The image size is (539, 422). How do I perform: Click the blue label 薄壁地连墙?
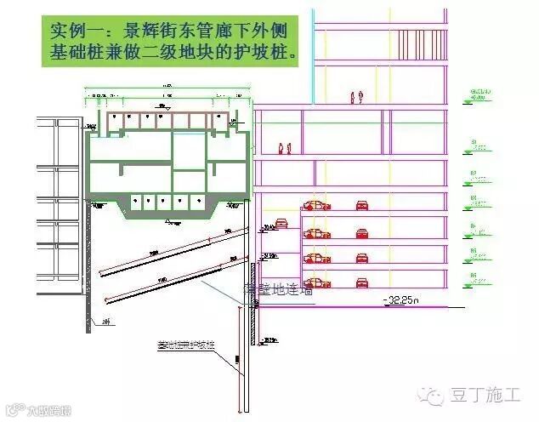click(x=279, y=290)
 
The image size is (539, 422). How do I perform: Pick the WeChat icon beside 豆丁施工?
click(x=437, y=395)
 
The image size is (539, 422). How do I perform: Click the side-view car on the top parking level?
click(x=316, y=205)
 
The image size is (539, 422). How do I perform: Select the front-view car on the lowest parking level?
click(x=361, y=282)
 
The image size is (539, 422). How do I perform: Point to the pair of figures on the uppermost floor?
click(x=356, y=97)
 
